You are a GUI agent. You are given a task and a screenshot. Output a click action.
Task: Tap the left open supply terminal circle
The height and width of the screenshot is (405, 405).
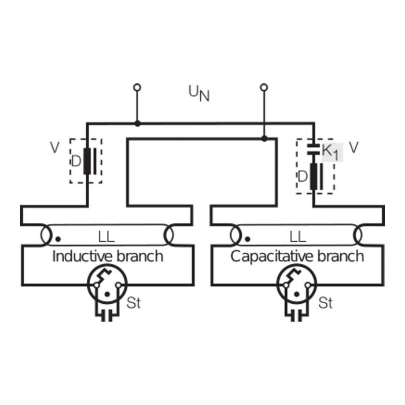137,87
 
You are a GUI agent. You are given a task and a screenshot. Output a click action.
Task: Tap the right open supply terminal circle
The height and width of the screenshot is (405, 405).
264,87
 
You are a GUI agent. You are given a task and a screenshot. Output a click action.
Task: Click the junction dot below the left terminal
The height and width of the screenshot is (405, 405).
137,123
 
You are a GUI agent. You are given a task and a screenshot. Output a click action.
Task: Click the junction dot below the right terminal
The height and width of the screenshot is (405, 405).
264,138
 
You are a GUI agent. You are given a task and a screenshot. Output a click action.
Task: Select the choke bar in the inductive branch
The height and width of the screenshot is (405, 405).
87,161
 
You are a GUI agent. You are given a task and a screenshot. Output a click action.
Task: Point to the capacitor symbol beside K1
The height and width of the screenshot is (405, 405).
313,148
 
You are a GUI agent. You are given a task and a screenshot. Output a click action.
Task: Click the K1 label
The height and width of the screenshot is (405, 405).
329,152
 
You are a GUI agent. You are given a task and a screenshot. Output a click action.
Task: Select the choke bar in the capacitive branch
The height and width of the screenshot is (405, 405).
313,177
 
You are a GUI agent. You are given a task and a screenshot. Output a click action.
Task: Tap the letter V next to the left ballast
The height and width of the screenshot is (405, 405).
54,148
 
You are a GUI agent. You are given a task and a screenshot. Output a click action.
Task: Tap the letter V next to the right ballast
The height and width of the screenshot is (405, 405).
353,148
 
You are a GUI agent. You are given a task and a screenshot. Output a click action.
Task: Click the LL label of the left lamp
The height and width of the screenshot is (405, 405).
106,236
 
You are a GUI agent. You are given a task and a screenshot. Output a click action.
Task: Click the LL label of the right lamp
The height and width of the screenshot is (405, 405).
297,236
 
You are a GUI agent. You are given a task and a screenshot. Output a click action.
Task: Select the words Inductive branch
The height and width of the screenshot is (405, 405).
108,256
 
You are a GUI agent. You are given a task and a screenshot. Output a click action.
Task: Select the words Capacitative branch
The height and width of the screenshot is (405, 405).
297,256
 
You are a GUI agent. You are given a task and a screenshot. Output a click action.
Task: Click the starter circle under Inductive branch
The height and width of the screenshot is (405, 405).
106,285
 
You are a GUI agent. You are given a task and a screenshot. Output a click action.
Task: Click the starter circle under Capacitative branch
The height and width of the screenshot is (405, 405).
297,285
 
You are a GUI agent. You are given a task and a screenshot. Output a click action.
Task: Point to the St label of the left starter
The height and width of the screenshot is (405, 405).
134,303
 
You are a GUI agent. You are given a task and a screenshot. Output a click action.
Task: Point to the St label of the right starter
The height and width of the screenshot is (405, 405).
326,303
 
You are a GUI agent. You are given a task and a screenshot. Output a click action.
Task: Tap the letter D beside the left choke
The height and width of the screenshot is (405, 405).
76,161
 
